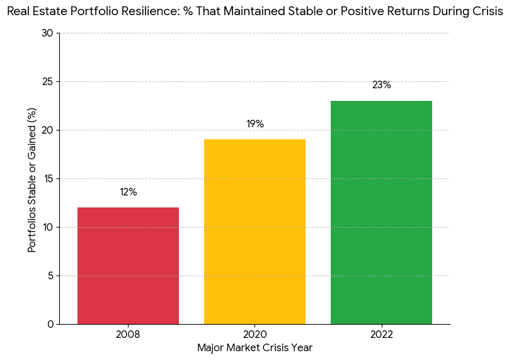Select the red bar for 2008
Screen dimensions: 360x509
[x=128, y=265]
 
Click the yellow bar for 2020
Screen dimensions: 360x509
[x=254, y=231]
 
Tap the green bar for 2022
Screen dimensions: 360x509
[x=381, y=212]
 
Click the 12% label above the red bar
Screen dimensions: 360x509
[x=128, y=192]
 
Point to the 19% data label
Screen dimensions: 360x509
[x=254, y=124]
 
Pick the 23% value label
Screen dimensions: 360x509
[x=381, y=85]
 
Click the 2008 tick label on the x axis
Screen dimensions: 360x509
[x=128, y=334]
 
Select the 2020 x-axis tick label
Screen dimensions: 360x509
[x=254, y=334]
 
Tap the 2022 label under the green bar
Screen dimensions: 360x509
[x=381, y=334]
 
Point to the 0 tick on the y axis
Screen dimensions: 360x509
[x=50, y=324]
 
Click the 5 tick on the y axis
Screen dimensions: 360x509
[x=50, y=276]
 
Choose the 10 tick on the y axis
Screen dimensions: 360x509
[x=48, y=227]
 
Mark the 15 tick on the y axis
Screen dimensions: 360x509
[x=48, y=178]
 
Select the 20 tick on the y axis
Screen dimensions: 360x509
[x=48, y=130]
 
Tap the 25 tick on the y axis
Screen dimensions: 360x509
[x=48, y=81]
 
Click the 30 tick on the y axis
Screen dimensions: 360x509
[x=48, y=33]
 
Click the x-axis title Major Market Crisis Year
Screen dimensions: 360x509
[x=254, y=347]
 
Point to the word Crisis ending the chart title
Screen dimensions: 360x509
[x=487, y=13]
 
